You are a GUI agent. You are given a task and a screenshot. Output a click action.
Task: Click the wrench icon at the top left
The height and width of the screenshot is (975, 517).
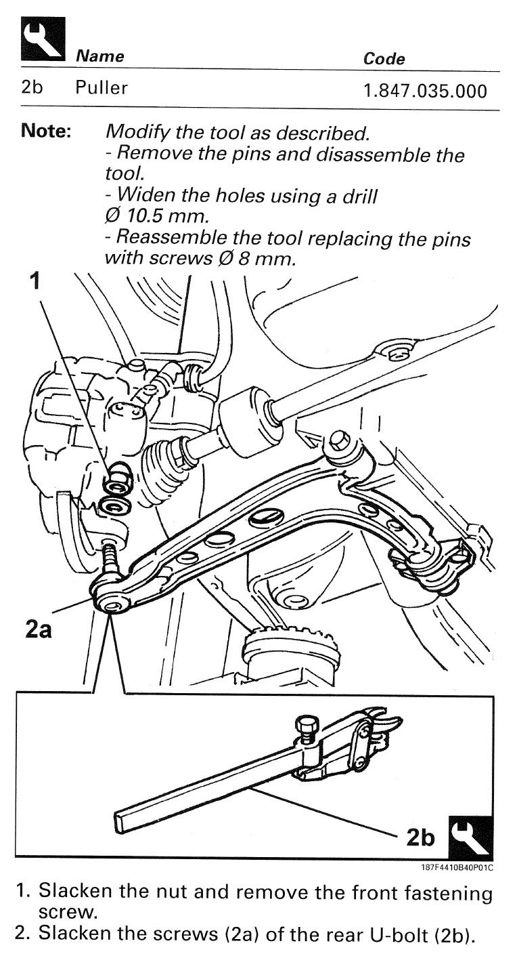point(43,39)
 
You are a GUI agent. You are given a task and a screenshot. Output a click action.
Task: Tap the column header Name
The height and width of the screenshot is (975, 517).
point(100,56)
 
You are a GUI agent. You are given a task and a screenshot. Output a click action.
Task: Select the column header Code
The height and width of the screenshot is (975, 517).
point(384,59)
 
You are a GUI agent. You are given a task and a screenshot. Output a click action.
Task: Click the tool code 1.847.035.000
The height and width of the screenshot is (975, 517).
point(425,91)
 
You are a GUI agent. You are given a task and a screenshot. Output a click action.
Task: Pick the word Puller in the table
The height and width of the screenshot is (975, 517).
point(102,87)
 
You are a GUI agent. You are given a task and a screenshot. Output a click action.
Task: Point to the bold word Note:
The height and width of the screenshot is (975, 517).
point(45,130)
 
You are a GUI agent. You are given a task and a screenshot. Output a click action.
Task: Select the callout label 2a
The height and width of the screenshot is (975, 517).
point(39,629)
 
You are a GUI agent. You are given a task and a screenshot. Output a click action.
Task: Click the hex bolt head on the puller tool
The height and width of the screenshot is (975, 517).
point(307,726)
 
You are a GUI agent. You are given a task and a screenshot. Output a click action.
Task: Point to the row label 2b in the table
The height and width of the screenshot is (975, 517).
point(32,87)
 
